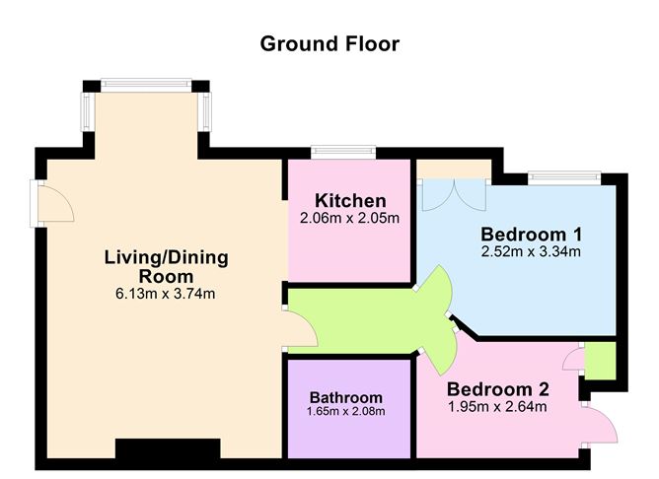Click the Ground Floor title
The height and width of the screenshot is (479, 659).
(x=329, y=44)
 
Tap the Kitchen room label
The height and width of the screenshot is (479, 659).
(x=350, y=201)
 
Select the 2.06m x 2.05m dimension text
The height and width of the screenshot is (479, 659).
(x=349, y=218)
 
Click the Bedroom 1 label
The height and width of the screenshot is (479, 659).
(x=531, y=235)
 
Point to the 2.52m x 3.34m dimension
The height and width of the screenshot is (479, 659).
(x=531, y=251)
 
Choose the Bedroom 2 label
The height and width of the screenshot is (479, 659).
(x=497, y=389)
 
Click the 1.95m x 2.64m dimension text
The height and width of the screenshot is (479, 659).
(x=497, y=406)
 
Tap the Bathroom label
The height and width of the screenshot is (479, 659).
(x=346, y=397)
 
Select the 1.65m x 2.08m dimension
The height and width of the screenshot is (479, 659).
(x=346, y=411)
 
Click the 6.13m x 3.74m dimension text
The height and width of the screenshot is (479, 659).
(x=165, y=294)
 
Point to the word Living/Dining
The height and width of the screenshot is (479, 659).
(x=167, y=257)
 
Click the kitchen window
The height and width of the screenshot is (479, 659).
(x=343, y=152)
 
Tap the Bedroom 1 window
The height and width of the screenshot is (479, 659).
(x=564, y=178)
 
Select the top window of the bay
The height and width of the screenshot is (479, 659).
(x=146, y=85)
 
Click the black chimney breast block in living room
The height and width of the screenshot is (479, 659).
(x=168, y=448)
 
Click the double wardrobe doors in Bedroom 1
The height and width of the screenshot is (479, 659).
(x=454, y=195)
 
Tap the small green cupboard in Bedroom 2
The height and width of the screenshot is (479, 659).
(x=600, y=361)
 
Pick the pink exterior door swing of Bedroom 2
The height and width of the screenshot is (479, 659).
(x=600, y=424)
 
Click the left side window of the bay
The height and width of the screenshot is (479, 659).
(x=88, y=111)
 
